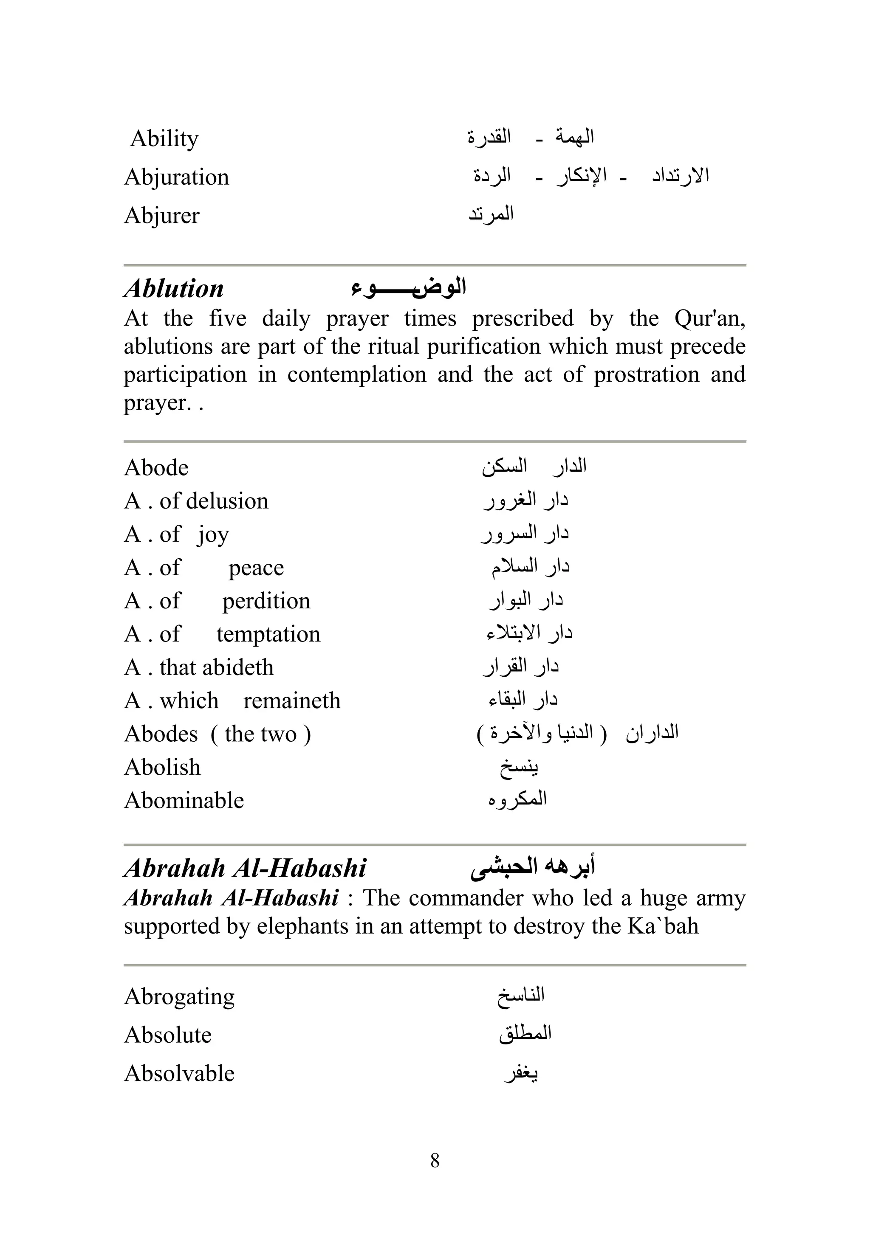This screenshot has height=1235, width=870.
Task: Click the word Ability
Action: [x=164, y=139]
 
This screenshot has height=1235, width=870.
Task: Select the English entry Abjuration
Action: [x=177, y=177]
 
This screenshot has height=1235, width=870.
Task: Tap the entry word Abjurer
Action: [x=161, y=216]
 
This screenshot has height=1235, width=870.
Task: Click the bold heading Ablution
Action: [x=173, y=289]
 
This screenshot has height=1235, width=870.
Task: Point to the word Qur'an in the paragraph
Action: [x=709, y=318]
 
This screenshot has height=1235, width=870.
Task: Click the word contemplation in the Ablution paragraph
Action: [x=356, y=374]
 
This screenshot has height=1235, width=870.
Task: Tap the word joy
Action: [x=213, y=535]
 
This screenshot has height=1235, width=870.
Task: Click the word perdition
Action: [x=266, y=601]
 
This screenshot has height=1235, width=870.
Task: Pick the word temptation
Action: [x=268, y=635]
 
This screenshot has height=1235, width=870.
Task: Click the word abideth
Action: [x=244, y=667]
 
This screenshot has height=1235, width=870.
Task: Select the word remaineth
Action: [x=292, y=701]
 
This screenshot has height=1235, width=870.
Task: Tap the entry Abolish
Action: [x=162, y=768]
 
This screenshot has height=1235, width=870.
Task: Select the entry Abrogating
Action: [x=179, y=997]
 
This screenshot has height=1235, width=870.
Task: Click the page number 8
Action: [x=435, y=1161]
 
